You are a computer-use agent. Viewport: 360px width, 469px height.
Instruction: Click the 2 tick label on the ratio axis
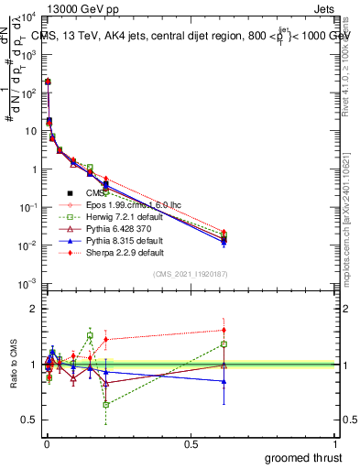pos(31,309)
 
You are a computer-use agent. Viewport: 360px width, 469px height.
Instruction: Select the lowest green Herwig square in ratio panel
pos(105,404)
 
